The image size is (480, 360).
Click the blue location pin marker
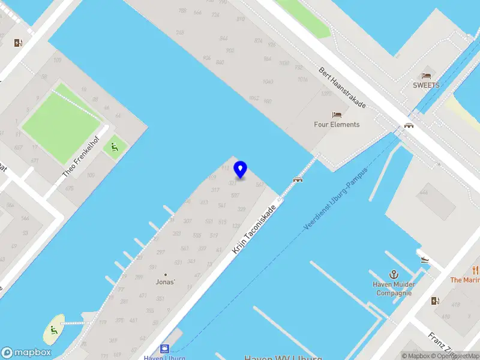point(241,169)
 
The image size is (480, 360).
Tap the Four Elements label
point(337,125)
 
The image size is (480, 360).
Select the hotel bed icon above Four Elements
point(337,115)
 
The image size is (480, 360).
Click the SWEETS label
point(426,85)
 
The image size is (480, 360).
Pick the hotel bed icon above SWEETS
point(426,76)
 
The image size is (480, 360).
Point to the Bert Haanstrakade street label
point(342,88)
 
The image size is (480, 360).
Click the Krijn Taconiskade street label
point(254,229)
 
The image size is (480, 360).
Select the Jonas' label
point(166,282)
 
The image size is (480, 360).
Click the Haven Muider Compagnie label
point(394,289)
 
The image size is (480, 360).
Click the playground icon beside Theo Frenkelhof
point(113,146)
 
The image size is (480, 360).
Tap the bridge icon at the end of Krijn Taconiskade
point(297,179)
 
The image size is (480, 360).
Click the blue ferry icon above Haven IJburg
point(164,349)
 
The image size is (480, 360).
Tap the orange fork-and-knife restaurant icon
point(476,269)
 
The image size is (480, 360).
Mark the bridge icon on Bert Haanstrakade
point(409,125)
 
